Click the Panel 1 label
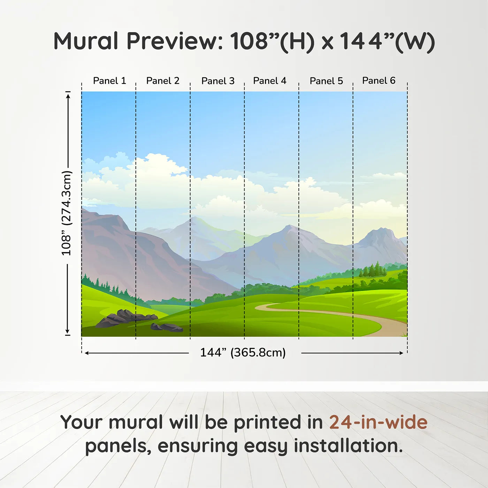coord(109,81)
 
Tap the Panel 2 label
coord(163,81)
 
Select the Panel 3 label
coord(218,81)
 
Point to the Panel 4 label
coord(270,81)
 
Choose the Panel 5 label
coord(326,81)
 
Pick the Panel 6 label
coord(379,81)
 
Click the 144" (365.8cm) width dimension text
coord(243,352)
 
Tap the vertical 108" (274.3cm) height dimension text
coord(67,213)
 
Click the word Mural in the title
coord(86,41)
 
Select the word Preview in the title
coord(175,41)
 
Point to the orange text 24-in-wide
coord(378,422)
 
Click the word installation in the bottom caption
coord(348,446)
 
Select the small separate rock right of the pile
coord(166,327)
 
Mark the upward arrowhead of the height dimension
coord(68,96)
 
